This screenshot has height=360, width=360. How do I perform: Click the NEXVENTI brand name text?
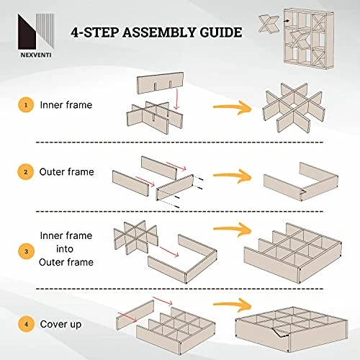click(36, 55)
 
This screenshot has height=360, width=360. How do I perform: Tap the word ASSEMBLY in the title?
click(159, 32)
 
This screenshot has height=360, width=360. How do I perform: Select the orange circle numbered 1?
click(26, 105)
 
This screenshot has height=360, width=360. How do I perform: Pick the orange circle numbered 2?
click(26, 172)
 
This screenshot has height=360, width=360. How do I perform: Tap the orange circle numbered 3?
click(26, 251)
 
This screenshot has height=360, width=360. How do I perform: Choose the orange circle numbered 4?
click(26, 324)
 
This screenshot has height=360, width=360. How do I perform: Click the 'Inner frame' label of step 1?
click(66, 105)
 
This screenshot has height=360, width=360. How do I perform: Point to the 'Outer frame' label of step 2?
click(66, 172)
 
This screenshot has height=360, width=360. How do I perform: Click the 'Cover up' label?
click(60, 325)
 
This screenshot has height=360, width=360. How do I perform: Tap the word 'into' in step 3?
click(65, 249)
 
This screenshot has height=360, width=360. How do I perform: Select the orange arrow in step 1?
click(232, 107)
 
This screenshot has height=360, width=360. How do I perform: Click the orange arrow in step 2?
click(232, 176)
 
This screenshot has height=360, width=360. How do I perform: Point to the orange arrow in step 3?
click(232, 229)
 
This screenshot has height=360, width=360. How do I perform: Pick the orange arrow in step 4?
click(232, 305)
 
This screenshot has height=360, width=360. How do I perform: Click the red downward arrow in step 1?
click(177, 99)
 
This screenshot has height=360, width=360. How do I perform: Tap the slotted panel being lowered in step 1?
click(161, 83)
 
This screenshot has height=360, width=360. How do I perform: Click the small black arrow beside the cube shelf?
click(287, 21)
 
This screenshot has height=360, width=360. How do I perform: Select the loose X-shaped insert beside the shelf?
click(269, 24)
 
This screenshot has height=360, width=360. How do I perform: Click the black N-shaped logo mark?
click(27, 32)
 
